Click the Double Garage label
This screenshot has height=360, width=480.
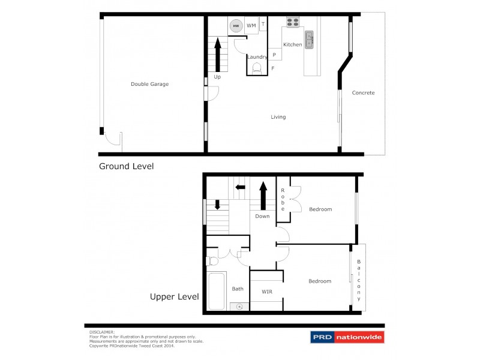click(x=149, y=84)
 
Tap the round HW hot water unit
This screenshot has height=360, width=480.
click(x=236, y=26)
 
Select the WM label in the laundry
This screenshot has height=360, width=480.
click(x=251, y=26)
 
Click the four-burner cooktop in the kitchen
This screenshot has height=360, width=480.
click(x=293, y=23)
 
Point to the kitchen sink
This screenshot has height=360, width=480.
click(x=310, y=40)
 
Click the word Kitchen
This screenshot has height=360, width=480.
click(x=292, y=45)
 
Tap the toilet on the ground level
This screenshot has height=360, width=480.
click(x=257, y=68)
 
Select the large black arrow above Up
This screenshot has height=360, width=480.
click(x=217, y=55)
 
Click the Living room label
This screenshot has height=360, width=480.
click(x=278, y=117)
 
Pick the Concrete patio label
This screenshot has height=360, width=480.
click(x=363, y=93)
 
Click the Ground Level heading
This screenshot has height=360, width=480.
click(x=126, y=166)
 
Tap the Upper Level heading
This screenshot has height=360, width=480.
click(x=174, y=296)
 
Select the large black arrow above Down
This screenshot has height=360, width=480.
click(x=263, y=196)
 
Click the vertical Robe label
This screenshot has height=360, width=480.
click(x=283, y=199)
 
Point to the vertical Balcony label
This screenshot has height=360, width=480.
click(x=359, y=280)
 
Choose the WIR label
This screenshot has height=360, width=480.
click(x=267, y=292)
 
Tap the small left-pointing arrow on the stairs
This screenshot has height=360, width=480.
click(x=240, y=187)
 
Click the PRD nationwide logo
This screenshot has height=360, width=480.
click(x=346, y=337)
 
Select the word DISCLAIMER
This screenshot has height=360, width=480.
click(x=101, y=331)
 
